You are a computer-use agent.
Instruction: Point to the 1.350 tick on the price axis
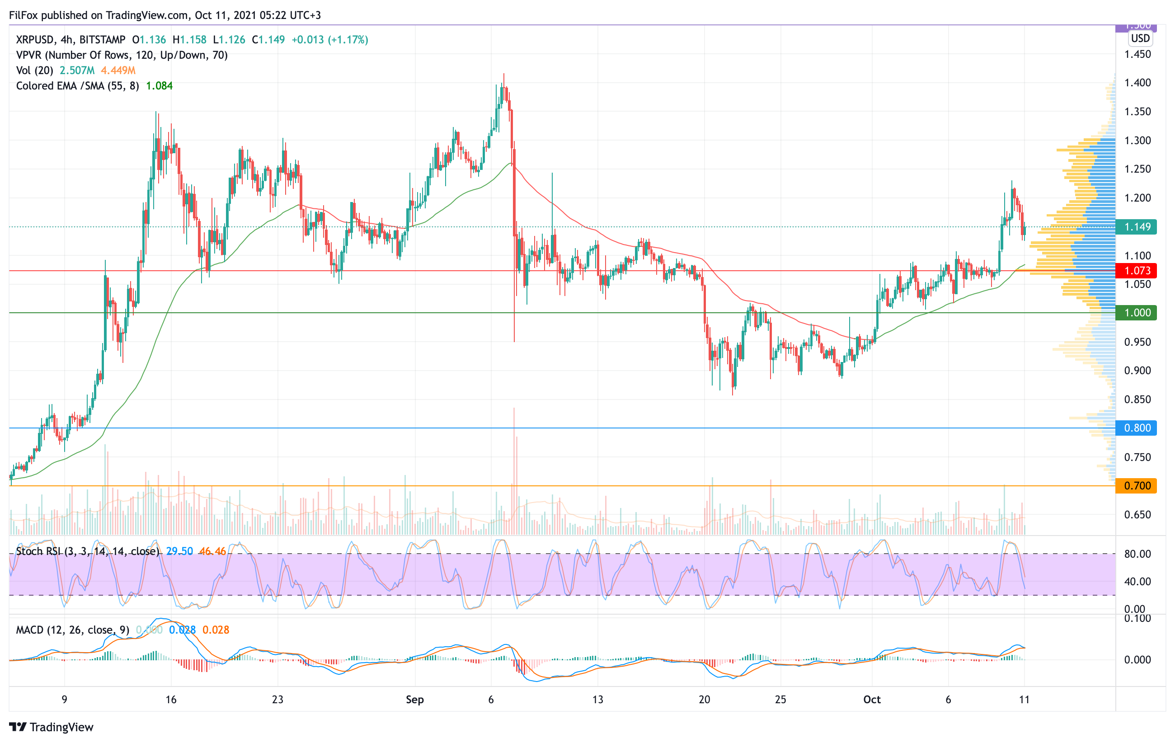coord(1137,112)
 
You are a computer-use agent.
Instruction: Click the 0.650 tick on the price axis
coord(1137,515)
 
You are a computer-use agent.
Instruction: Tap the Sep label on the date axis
coord(415,700)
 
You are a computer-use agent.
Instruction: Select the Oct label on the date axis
coord(871,700)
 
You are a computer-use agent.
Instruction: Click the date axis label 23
coord(277,700)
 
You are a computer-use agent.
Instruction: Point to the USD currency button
coord(1140,38)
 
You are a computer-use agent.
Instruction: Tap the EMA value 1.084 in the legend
coord(159,86)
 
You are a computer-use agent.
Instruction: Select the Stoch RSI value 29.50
coord(179,551)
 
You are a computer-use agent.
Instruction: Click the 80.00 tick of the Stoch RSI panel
coord(1137,554)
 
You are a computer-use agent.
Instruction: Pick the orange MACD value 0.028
coord(216,630)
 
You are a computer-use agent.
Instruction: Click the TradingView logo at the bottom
coord(51,727)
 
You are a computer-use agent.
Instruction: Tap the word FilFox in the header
coord(23,15)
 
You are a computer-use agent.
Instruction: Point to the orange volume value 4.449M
coord(118,70)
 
